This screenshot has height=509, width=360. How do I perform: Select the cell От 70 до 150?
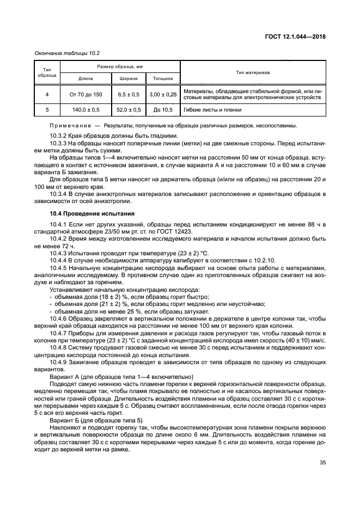pos(86,94)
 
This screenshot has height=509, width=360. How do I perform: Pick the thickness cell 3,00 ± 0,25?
pos(162,94)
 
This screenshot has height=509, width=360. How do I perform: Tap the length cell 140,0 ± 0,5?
pos(86,109)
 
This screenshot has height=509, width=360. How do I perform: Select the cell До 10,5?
pos(162,109)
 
